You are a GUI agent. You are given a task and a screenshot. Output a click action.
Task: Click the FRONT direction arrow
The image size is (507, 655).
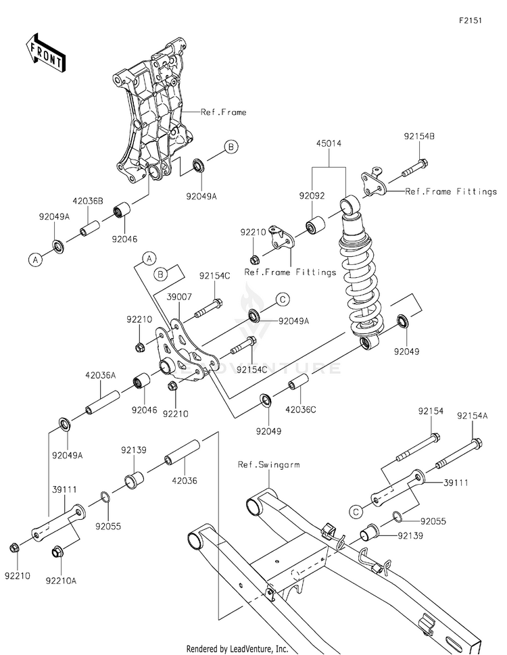(x=45, y=53)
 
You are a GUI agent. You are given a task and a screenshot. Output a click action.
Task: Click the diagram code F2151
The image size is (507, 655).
(x=470, y=20)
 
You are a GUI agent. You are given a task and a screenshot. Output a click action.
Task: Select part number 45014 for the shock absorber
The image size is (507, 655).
(x=329, y=143)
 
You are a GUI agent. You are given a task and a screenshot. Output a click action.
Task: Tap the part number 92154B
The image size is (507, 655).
(x=419, y=136)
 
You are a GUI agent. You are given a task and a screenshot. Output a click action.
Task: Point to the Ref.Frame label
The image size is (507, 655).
(x=224, y=112)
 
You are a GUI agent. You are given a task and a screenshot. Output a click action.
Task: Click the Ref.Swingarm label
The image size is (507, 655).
(x=269, y=464)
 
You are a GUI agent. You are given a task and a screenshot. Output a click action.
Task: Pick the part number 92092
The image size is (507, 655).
(x=312, y=195)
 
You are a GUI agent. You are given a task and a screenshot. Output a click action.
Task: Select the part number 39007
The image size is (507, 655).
(x=179, y=297)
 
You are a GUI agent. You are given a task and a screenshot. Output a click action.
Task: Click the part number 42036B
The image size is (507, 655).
(x=88, y=201)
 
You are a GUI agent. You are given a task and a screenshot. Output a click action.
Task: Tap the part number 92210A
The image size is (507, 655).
(x=61, y=581)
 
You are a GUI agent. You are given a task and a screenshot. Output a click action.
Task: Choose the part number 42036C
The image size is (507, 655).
(x=300, y=410)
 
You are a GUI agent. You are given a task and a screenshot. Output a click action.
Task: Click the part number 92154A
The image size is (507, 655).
(x=473, y=416)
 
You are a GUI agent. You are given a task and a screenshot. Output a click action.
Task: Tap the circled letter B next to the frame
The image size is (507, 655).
(x=231, y=147)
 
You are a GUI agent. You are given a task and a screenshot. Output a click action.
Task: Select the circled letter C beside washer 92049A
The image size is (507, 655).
(x=283, y=299)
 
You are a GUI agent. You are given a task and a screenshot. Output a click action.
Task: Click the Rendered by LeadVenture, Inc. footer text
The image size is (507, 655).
(x=237, y=649)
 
